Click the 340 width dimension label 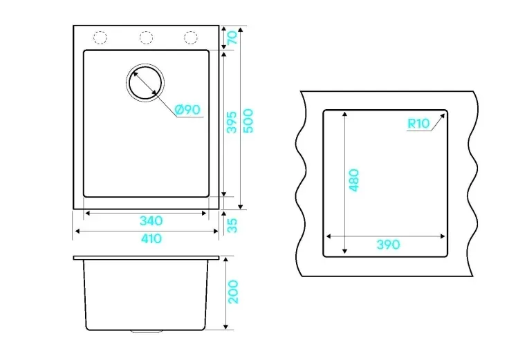tap(151, 221)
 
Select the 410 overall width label tap(151, 239)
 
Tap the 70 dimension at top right tap(232, 37)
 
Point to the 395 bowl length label tap(232, 122)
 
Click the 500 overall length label tap(248, 121)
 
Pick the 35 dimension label tap(232, 225)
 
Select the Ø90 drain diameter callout tap(187, 109)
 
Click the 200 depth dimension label tap(233, 292)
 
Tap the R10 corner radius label tap(418, 124)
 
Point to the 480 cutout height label tap(354, 180)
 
